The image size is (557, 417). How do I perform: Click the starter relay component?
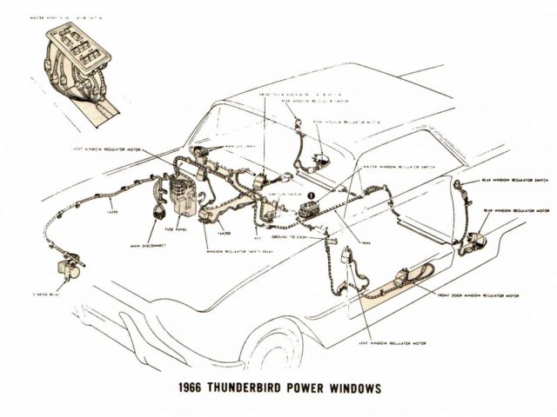point(67,270)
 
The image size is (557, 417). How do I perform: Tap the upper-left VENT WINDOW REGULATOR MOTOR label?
point(108,149)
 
